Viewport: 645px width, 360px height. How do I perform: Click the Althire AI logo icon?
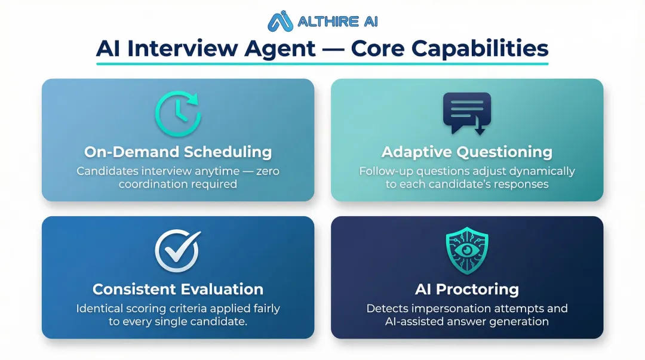280,21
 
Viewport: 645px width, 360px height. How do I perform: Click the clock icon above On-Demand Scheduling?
177,113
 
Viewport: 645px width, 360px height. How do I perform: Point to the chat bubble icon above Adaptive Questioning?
466,113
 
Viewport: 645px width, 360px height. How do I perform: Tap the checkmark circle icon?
177,250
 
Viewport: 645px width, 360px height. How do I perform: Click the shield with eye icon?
466,250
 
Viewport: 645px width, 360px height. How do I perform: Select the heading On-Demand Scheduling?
177,152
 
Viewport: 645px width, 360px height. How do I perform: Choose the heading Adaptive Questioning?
466,152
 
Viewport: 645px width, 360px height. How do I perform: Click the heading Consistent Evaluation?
177,290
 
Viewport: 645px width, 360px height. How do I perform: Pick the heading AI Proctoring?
466,290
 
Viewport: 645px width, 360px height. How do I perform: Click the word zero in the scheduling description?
266,171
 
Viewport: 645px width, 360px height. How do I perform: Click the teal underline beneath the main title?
322,63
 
